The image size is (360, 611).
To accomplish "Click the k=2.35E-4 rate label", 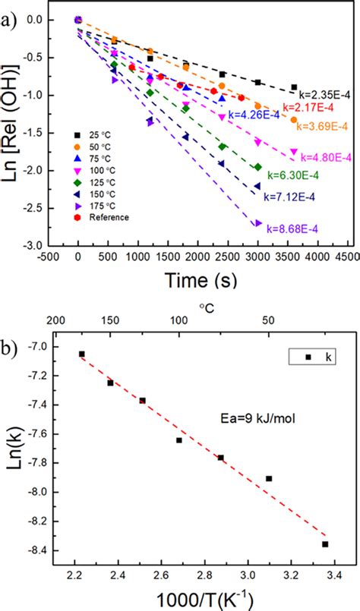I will pos(324,95).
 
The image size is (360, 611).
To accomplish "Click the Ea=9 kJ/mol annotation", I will pos(251,415).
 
